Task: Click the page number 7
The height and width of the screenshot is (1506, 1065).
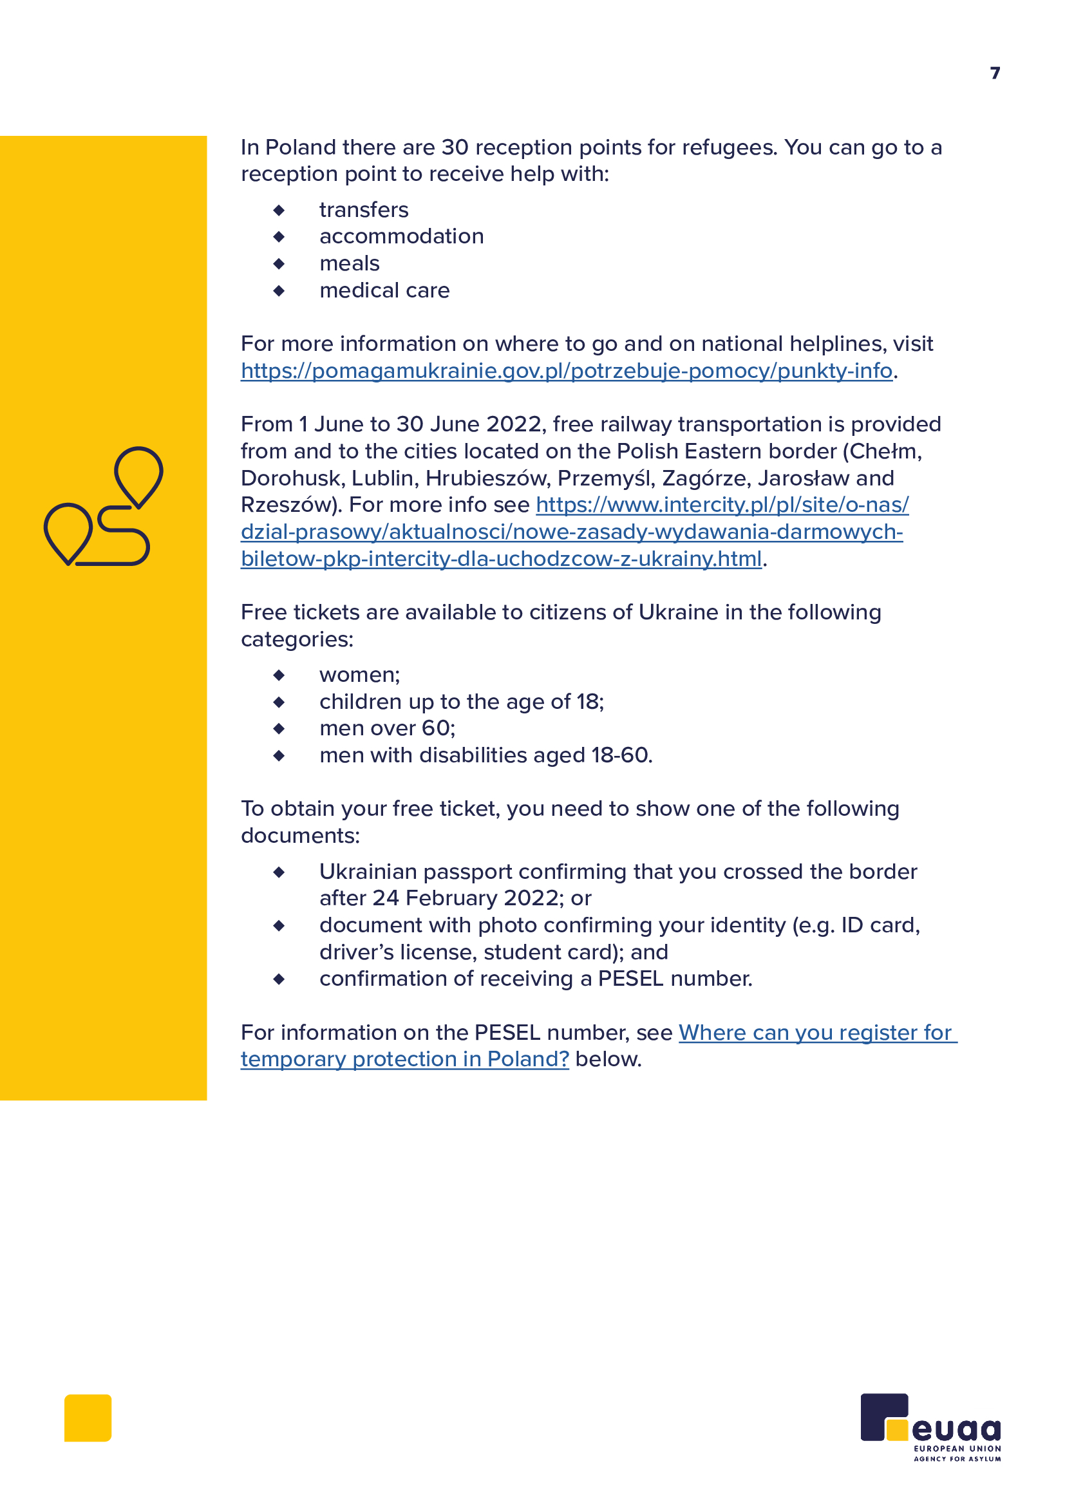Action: [x=995, y=73]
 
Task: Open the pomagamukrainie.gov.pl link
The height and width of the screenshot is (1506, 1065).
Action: [x=566, y=372]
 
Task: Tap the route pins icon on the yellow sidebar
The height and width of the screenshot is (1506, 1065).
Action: [x=104, y=505]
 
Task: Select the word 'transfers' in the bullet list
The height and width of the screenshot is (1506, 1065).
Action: [x=363, y=210]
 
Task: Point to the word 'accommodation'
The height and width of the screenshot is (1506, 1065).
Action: [x=401, y=237]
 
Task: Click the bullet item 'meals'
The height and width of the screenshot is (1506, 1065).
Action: [x=349, y=264]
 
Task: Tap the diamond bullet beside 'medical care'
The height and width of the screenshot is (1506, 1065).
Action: [x=279, y=290]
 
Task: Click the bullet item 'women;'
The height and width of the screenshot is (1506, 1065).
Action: [x=359, y=675]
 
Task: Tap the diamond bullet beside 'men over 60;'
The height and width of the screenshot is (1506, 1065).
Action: [x=279, y=729]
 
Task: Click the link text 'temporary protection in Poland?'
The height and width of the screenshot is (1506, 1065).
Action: [x=404, y=1059]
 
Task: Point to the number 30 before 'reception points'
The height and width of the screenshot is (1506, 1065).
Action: [x=455, y=147]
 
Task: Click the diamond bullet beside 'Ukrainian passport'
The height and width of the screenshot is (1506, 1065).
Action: [x=279, y=872]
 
